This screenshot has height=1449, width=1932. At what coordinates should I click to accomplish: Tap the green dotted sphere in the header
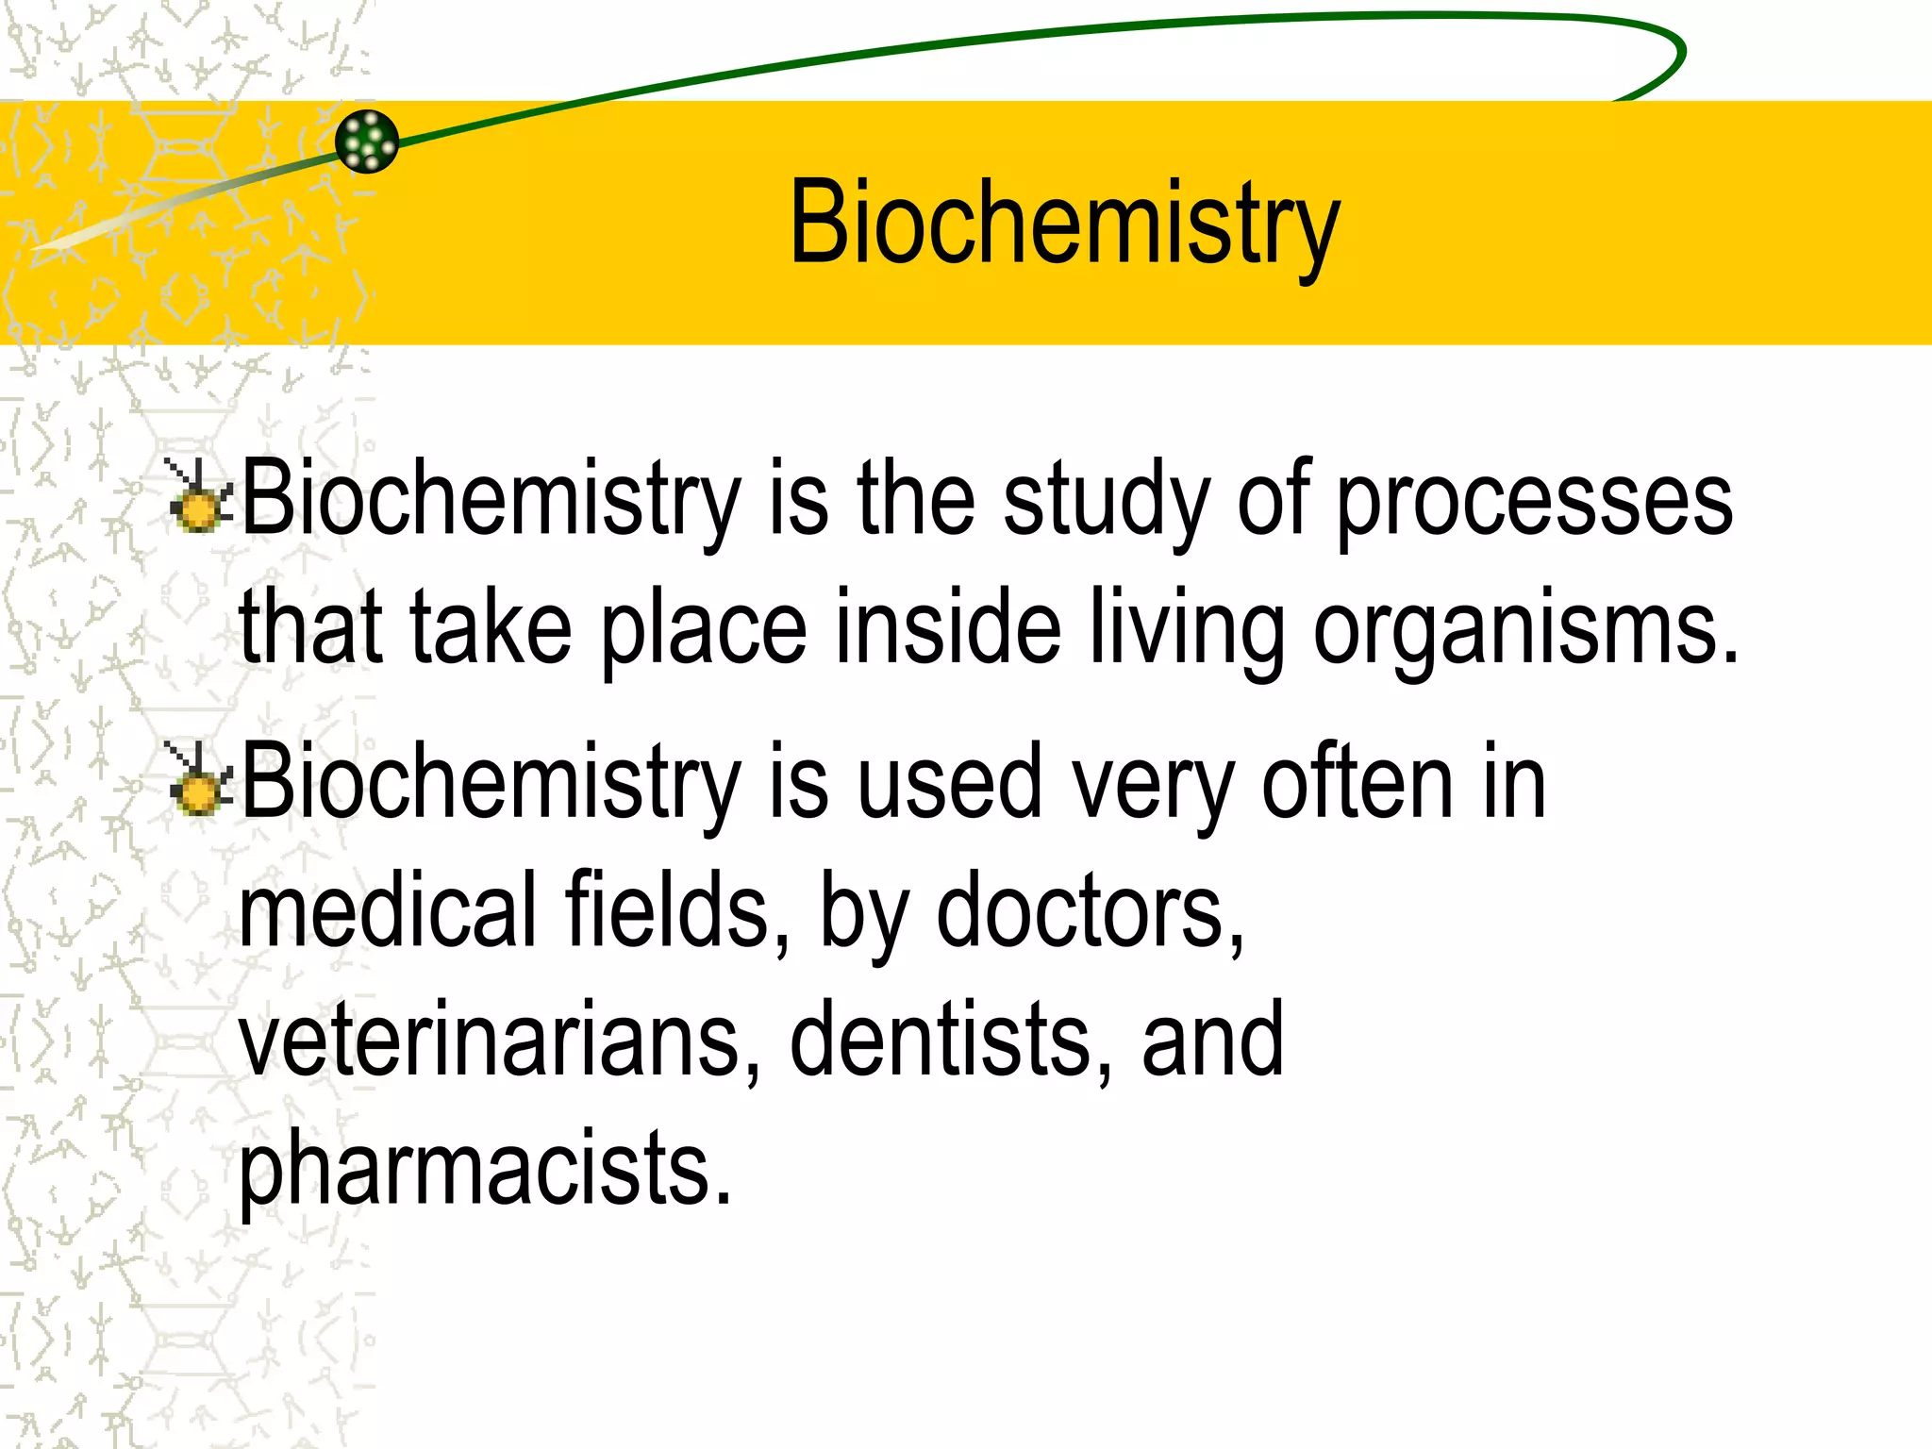[x=367, y=142]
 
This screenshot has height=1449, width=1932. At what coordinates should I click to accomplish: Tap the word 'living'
[x=1187, y=627]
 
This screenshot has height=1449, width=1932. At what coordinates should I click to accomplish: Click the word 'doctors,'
[x=1090, y=911]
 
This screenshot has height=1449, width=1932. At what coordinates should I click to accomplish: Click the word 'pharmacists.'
[x=485, y=1168]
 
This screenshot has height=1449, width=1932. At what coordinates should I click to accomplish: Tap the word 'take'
[x=491, y=625]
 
